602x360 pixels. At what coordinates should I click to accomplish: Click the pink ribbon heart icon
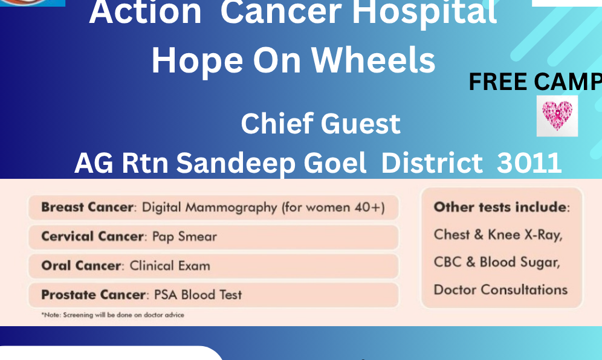pos(557,116)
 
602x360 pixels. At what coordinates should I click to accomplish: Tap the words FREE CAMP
pos(535,82)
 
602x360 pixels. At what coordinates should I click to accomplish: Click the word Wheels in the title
pos(373,60)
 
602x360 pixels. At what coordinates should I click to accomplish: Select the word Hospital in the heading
pos(425,13)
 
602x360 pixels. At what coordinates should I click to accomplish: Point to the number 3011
pos(529,162)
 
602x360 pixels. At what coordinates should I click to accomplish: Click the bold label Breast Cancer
pos(87,207)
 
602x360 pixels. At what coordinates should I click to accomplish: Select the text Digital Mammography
pos(209,208)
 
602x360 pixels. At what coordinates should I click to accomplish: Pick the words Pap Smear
pos(184,237)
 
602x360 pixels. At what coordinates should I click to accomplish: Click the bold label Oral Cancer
pos(81,266)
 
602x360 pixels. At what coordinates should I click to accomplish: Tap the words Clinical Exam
pos(170,266)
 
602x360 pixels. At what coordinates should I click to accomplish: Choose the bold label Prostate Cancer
pos(93,295)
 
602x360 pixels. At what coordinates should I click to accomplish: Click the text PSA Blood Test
pos(198,295)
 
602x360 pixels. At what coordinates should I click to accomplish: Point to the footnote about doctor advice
pos(113,315)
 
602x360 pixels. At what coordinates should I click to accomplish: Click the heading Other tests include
pos(500,207)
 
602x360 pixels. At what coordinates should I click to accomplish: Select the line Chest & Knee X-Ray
pos(498,234)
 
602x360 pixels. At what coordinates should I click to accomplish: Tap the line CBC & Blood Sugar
pos(497,262)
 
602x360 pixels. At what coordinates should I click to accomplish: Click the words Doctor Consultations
pos(500,290)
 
